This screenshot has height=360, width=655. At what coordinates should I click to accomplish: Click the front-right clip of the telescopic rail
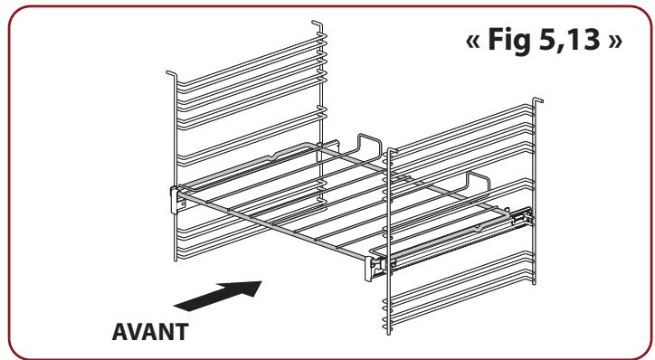[x=375, y=266]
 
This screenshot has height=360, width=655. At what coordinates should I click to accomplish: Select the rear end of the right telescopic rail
[x=523, y=216]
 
